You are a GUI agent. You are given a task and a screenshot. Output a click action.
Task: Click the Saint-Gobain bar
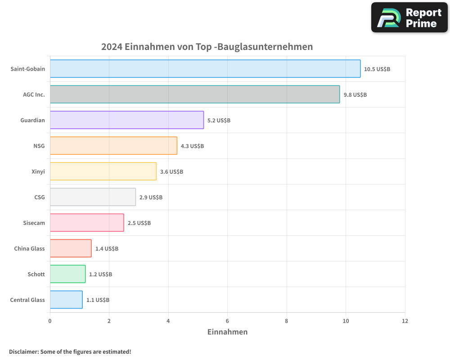pos(205,69)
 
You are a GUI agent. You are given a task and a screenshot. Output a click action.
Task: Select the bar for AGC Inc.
pos(195,94)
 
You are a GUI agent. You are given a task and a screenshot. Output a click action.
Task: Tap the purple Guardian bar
pos(127,120)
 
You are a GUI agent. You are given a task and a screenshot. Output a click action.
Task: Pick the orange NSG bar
pos(113,146)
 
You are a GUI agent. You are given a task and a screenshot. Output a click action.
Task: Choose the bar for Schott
pos(67,274)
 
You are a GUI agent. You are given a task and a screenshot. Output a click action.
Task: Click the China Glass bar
pos(71,248)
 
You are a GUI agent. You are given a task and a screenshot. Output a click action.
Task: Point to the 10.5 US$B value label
pos(377,69)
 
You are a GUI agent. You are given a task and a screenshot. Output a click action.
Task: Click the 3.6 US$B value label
pos(171,172)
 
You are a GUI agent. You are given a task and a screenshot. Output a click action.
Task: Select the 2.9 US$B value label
pos(151,198)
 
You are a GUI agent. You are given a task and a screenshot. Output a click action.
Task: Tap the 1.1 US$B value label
pos(98,300)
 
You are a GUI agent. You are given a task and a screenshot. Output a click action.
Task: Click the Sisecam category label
pos(34,223)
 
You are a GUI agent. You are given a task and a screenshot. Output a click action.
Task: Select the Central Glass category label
pos(27,300)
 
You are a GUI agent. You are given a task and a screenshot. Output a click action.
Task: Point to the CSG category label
pos(40,197)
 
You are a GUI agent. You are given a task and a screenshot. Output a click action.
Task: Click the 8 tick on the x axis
pos(287,321)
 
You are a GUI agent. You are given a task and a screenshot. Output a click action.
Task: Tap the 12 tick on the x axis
pos(405,321)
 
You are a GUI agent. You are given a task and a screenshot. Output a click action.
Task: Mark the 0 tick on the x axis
pos(50,321)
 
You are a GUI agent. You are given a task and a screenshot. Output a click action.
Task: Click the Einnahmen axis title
pos(227,332)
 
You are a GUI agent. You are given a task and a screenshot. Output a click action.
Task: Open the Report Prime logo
pos(409,18)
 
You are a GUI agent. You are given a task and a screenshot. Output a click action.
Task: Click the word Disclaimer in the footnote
pos(23,351)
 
